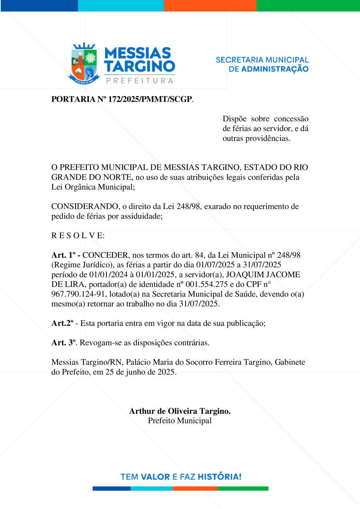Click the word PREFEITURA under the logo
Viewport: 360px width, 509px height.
[x=140, y=80]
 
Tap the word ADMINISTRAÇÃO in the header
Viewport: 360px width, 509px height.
[x=274, y=69]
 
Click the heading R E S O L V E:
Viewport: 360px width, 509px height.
[x=78, y=235]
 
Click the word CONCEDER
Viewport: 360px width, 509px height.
[x=105, y=255]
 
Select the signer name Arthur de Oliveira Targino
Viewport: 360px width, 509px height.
[x=180, y=411]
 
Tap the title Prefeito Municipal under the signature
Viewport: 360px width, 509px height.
[x=180, y=421]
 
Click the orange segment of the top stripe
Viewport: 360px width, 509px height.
[x=210, y=5]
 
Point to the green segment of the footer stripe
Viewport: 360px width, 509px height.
[x=243, y=488]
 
